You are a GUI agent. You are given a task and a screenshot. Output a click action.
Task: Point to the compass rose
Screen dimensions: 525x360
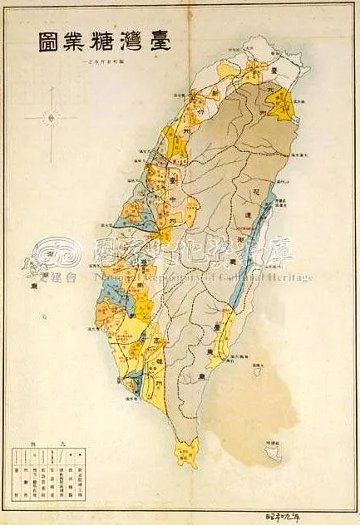point(50,118)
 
